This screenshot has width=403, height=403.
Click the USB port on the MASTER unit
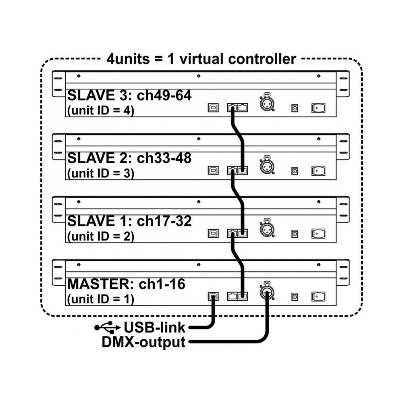[213, 296]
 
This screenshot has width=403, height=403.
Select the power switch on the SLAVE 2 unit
[318, 170]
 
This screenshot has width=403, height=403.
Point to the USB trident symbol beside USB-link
[108, 327]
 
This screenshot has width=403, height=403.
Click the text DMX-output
[143, 342]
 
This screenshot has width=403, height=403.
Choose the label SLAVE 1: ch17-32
[129, 221]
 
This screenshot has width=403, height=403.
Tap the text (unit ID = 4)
[100, 110]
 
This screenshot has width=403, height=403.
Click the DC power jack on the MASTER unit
[295, 297]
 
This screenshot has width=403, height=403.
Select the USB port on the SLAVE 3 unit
[213, 108]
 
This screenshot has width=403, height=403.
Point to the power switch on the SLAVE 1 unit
[318, 234]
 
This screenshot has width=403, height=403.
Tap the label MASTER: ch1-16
[126, 284]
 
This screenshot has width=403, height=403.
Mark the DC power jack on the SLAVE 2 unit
[295, 171]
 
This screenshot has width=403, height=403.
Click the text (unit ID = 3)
[100, 173]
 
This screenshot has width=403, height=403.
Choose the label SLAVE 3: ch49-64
[129, 96]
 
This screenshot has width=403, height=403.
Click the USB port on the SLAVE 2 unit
[213, 170]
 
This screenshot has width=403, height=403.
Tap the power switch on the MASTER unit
[318, 296]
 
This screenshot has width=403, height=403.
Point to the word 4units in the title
[128, 59]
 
